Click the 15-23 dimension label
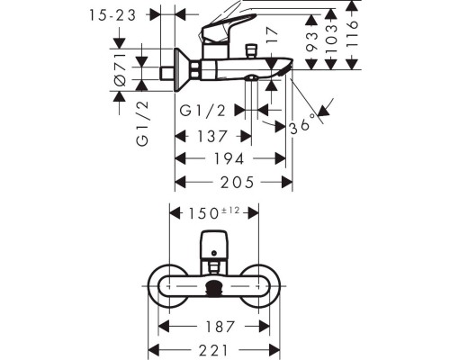(x=112, y=15)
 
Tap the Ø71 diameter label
(x=121, y=69)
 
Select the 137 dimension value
(x=211, y=137)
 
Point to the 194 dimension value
(x=229, y=158)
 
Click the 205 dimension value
(x=238, y=182)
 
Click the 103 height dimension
(x=331, y=39)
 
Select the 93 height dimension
(x=312, y=41)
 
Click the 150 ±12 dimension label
(x=214, y=213)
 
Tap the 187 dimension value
(x=220, y=327)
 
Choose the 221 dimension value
(x=213, y=350)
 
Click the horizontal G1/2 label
(x=202, y=111)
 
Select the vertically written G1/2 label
(x=143, y=123)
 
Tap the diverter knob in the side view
(x=251, y=51)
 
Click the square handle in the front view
(x=214, y=246)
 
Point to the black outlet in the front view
(x=214, y=287)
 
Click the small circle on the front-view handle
(x=214, y=254)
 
